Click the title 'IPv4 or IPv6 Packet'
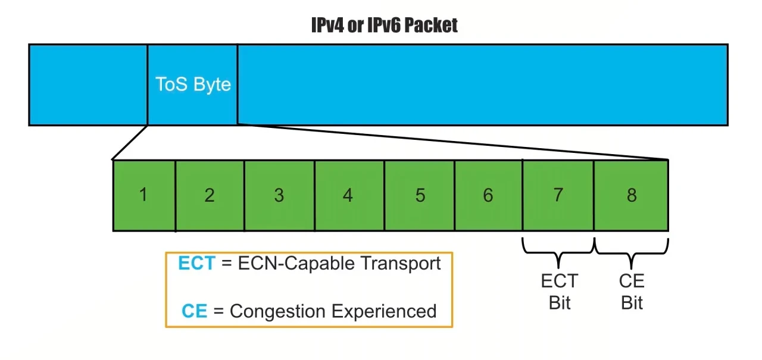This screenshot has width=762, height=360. tap(385, 25)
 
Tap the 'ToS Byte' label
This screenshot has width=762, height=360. tap(193, 84)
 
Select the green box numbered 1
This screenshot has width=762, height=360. tap(143, 195)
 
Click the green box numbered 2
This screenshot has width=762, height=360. tap(210, 195)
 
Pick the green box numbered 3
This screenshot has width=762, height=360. tap(279, 195)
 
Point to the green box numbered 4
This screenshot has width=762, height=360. tap(349, 195)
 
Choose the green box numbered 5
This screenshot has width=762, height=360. tap(420, 195)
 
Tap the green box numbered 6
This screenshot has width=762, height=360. tap(488, 195)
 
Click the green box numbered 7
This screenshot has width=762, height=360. tap(558, 195)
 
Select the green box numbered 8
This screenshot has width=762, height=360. tap(631, 195)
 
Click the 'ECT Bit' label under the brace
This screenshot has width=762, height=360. tap(559, 292)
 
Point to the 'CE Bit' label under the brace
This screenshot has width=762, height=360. tap(632, 292)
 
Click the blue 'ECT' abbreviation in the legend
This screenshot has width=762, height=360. tap(196, 263)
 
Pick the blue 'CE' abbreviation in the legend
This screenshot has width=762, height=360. tap(195, 311)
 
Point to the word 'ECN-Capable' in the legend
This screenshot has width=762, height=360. tap(292, 263)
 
